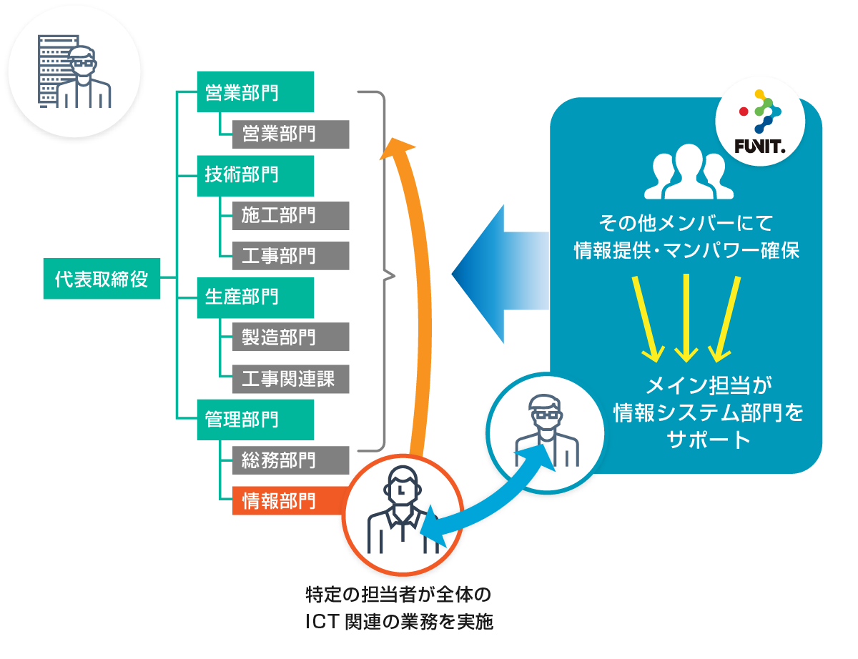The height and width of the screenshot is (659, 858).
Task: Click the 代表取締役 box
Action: click(x=101, y=278)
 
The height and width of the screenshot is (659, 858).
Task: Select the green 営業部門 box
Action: click(x=255, y=92)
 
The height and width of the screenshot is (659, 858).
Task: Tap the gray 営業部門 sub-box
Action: click(x=290, y=134)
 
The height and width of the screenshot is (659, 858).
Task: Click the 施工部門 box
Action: click(x=290, y=215)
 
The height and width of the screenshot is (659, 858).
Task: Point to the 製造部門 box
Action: click(x=290, y=337)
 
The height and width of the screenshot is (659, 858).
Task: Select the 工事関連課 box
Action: click(x=290, y=378)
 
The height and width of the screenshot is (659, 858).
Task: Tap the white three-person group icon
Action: click(x=685, y=173)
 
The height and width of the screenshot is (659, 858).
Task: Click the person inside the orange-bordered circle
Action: click(x=403, y=511)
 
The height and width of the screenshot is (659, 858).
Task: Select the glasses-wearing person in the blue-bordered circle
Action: click(x=545, y=429)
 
